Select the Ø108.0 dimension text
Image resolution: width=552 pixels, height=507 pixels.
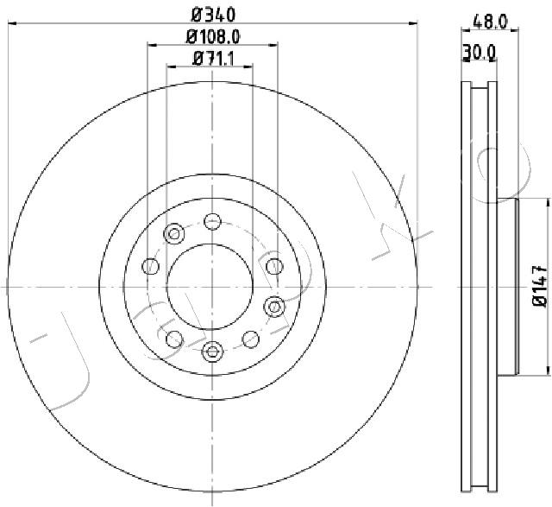(213, 37)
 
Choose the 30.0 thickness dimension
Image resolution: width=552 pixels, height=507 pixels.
(479, 54)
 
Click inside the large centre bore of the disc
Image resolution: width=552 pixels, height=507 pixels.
(212, 285)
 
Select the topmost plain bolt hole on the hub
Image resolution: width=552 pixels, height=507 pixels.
(212, 221)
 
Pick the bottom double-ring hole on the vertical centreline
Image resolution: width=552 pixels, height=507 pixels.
(212, 351)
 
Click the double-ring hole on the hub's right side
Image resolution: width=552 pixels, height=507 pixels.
(275, 305)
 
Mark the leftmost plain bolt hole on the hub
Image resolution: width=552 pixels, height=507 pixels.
(150, 266)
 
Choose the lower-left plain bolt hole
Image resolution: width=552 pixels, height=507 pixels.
(173, 338)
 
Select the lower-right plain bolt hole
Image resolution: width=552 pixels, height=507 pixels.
(251, 338)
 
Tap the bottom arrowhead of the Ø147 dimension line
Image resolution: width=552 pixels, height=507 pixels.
(547, 371)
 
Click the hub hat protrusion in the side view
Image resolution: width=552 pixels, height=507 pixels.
(510, 285)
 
